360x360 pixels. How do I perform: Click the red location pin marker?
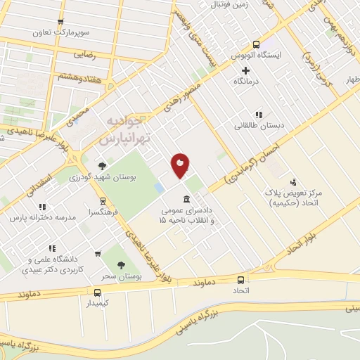coord(181,165)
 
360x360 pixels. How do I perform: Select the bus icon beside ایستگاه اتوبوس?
coord(257,44)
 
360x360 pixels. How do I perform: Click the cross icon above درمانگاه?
coord(245,70)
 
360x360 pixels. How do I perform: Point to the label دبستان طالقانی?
coord(259,125)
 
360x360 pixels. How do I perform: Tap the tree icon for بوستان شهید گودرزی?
coord(103,166)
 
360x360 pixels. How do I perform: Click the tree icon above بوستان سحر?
coord(121,266)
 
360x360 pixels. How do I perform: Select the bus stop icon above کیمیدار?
coord(97,291)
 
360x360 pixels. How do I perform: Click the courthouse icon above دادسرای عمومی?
coord(186,198)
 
